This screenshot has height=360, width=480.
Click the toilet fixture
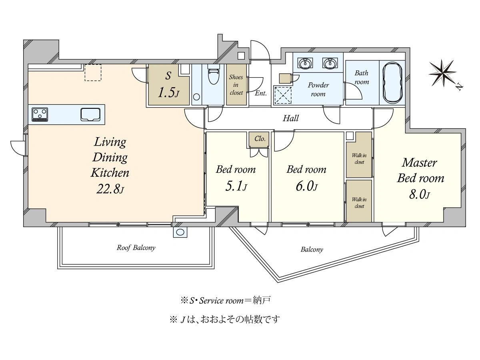(x=213, y=74)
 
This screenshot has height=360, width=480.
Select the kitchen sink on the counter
(x=90, y=114)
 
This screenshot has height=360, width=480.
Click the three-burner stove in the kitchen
(x=40, y=114)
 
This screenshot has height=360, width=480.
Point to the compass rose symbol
(x=443, y=73)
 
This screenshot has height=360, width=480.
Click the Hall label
(x=291, y=118)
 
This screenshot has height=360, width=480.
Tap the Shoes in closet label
(x=236, y=85)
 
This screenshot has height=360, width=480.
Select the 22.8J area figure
(x=110, y=189)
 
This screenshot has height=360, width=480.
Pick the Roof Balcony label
(x=136, y=248)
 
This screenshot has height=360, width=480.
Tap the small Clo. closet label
(x=260, y=138)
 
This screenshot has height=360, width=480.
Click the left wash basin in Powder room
(x=305, y=63)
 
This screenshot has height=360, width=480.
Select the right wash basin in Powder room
(x=330, y=63)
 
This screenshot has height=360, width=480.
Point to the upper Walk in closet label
(x=359, y=158)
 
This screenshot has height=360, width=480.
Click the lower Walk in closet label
(x=359, y=203)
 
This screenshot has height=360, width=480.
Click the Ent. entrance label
(x=261, y=93)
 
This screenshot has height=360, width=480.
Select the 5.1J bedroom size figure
(x=236, y=187)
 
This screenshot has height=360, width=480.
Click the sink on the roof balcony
(x=180, y=232)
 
